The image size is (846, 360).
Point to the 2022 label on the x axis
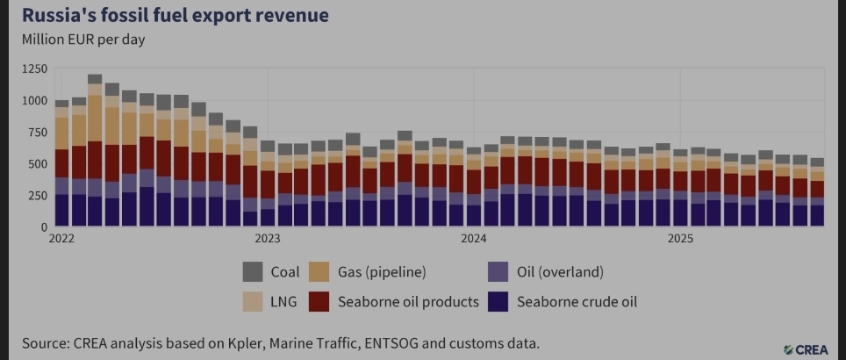coord(61,238)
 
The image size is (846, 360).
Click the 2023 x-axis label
coord(268,238)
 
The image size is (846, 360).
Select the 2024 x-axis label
coord(474,238)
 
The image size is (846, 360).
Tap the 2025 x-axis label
coord(681,238)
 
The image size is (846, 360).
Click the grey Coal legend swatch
coord(254,272)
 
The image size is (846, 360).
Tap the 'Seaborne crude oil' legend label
coord(577,302)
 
